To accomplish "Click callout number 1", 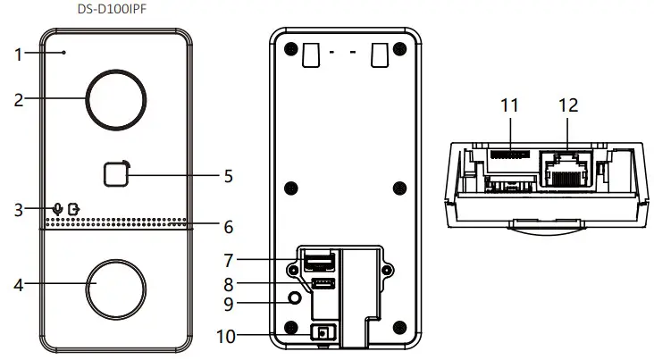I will (17, 54).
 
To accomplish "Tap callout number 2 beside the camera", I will (18, 100).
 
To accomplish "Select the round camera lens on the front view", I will (114, 99).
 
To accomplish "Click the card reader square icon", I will (114, 173).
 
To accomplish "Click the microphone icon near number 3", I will (58, 209).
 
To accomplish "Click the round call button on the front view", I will (114, 286).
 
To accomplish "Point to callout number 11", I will (509, 105).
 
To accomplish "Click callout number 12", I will (567, 105).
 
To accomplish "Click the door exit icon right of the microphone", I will (73, 209).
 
